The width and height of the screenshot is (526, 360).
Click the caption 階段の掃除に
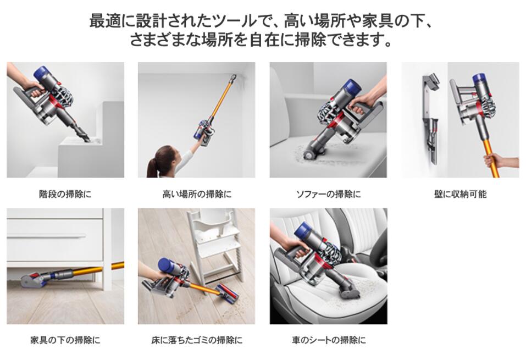pyautogui.click(x=65, y=195)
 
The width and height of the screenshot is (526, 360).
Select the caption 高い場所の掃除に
pyautogui.click(x=197, y=195)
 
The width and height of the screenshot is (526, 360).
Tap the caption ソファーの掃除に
pyautogui.click(x=328, y=195)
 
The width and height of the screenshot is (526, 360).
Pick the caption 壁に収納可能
pyautogui.click(x=459, y=195)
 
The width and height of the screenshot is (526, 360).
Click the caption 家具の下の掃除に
pyautogui.click(x=65, y=340)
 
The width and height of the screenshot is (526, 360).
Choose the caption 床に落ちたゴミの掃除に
pyautogui.click(x=197, y=340)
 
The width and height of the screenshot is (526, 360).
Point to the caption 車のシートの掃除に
pyautogui.click(x=328, y=340)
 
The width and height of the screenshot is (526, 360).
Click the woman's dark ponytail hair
pyautogui.click(x=159, y=161)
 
